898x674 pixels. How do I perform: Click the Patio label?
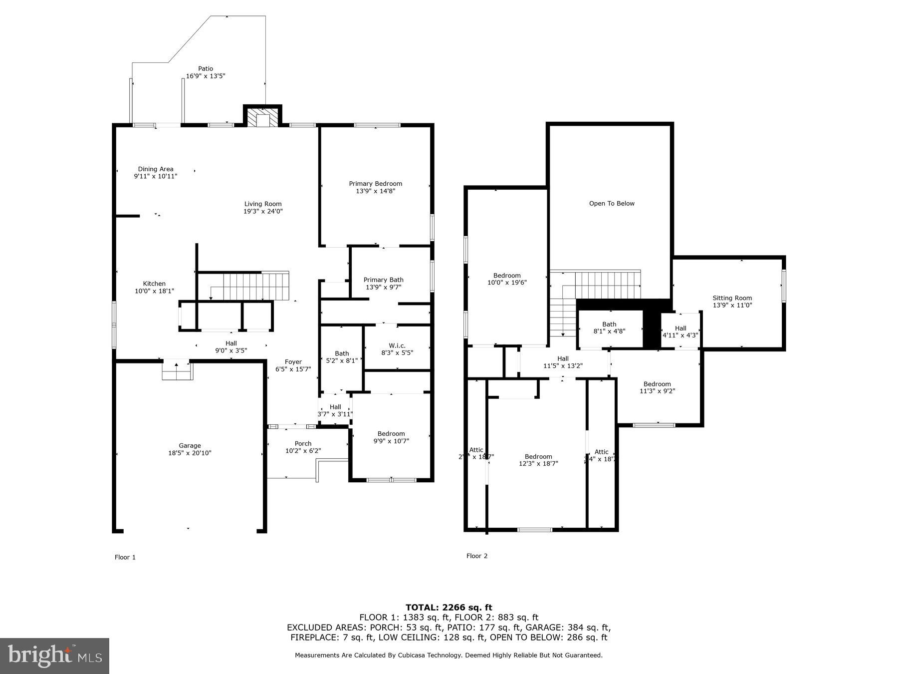point(206,69)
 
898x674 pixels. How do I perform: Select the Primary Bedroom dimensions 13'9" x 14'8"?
point(375,191)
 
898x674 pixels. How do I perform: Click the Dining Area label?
point(156,169)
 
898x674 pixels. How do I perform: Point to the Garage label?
point(190,446)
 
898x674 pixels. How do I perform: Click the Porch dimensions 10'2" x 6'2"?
point(303,451)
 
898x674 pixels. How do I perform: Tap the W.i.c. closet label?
point(397,345)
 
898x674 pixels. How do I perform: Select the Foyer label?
point(293,362)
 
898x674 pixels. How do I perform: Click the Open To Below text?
point(612,204)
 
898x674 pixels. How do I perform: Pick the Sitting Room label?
point(732,298)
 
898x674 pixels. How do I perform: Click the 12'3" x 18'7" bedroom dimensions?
point(538,464)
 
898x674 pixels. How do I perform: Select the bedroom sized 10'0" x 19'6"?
point(507,279)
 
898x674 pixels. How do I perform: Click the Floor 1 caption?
point(125,557)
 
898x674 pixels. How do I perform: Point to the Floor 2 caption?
point(477,556)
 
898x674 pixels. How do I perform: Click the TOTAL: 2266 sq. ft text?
point(449,608)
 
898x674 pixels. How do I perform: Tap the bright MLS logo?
point(55,656)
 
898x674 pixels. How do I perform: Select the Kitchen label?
point(154,284)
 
